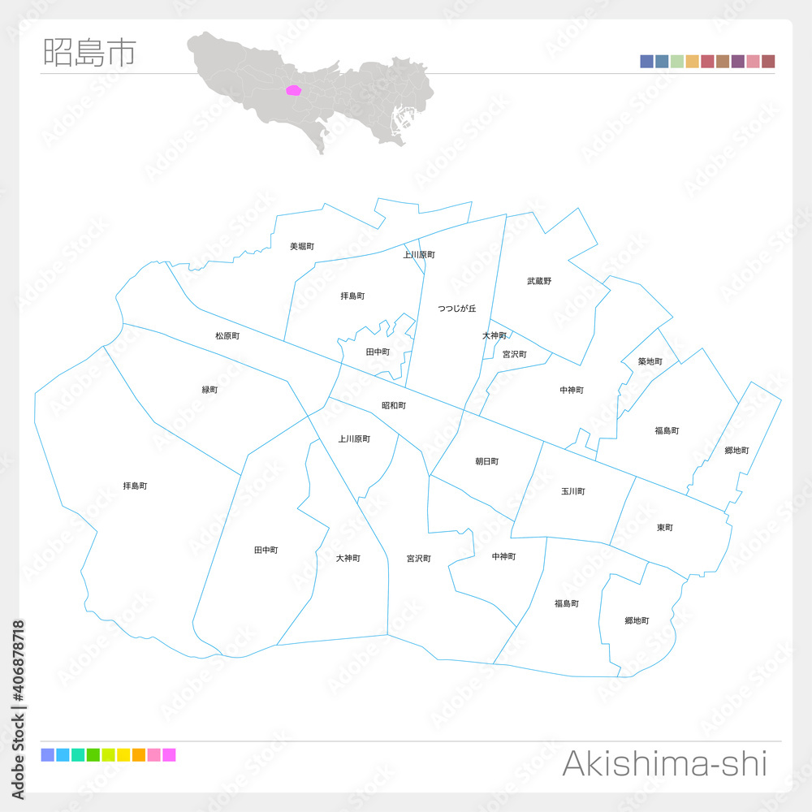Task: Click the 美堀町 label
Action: (302, 246)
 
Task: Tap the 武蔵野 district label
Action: (539, 281)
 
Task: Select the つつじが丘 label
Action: (457, 309)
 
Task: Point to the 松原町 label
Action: (227, 335)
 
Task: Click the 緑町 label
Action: (209, 390)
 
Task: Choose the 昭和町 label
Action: (394, 405)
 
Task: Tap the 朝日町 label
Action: (487, 461)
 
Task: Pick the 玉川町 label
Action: (573, 491)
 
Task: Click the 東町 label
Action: (665, 528)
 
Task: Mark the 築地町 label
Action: (650, 361)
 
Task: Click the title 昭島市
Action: (89, 52)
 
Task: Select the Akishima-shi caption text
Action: (664, 764)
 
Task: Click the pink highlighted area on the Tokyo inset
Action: (294, 91)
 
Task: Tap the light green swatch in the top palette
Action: (677, 62)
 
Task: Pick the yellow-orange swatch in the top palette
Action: (693, 62)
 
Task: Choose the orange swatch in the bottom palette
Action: (139, 755)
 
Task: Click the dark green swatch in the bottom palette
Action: (93, 755)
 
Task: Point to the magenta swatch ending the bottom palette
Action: (169, 755)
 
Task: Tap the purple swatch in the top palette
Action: (738, 62)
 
